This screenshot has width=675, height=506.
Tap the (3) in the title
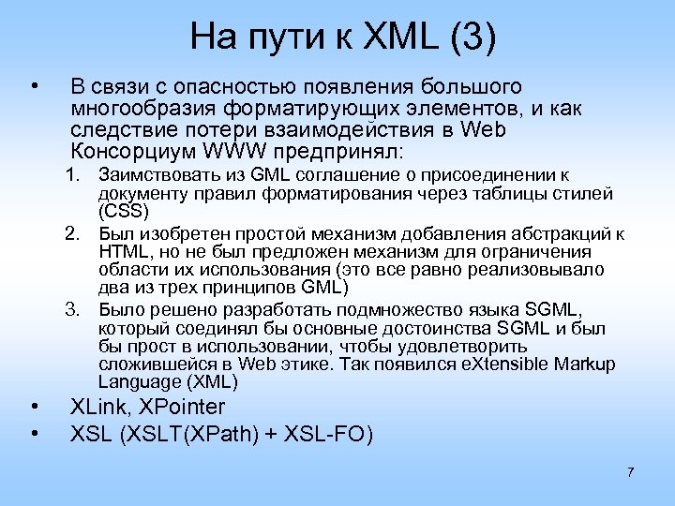pyautogui.click(x=471, y=38)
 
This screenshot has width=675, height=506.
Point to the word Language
pyautogui.click(x=133, y=381)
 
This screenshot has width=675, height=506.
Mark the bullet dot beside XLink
pyautogui.click(x=34, y=407)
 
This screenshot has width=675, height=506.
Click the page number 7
pyautogui.click(x=631, y=471)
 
